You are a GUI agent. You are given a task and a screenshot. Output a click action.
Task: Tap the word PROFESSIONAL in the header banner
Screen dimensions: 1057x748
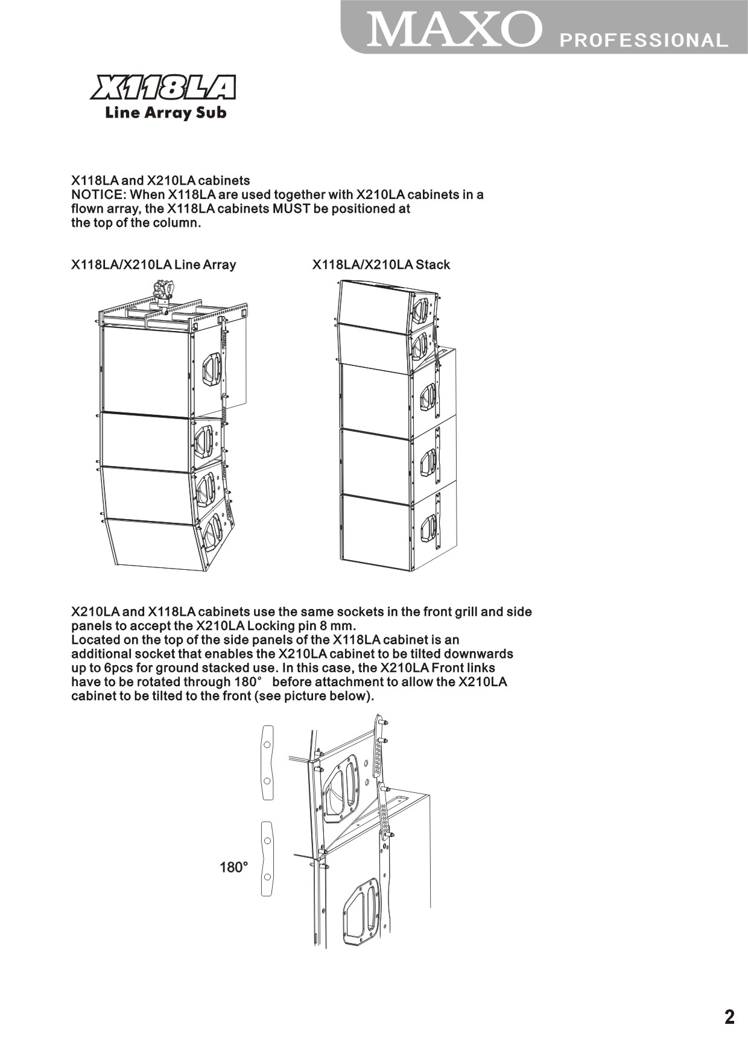pos(644,40)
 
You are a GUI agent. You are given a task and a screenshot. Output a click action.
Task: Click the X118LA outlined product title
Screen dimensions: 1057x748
pos(163,88)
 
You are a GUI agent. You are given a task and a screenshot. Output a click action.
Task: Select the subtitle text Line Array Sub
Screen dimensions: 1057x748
pos(165,113)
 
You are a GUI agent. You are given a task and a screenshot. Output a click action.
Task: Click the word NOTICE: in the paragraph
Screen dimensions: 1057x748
pos(98,195)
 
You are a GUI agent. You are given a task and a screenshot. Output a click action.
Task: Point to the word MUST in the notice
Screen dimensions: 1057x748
pos(293,209)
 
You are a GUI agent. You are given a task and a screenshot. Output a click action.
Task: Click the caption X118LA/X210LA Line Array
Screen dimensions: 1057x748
pos(153,265)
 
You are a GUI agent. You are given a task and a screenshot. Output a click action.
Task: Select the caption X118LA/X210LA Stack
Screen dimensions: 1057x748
pos(381,265)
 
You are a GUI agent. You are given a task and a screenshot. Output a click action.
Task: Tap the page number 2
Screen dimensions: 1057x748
pos(729,1017)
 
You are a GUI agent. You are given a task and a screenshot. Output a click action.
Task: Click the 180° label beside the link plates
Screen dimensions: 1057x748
pos(233,868)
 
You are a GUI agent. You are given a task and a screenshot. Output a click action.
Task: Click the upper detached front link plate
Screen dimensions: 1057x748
pos(267,762)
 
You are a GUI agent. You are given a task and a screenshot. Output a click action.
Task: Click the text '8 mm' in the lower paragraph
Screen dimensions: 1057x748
pos(340,625)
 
